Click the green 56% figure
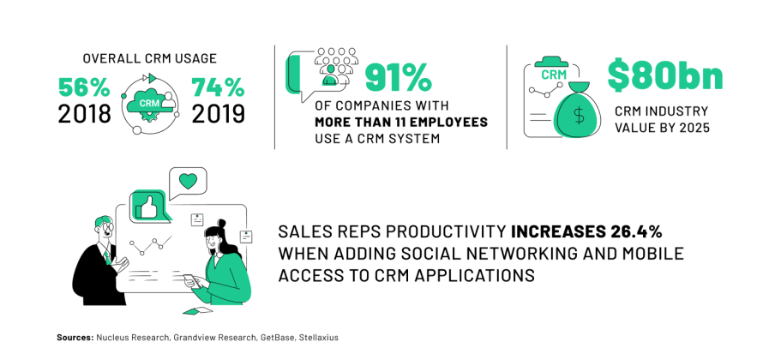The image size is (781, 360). [84, 87]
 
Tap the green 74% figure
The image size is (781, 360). [218, 87]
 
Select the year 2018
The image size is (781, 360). [84, 114]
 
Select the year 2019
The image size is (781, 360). [218, 114]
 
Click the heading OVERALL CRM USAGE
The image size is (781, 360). [149, 58]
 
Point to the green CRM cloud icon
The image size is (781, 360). [149, 102]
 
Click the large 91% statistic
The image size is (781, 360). [398, 78]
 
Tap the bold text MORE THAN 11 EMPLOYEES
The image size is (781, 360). [400, 123]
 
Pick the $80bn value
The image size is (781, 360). [664, 77]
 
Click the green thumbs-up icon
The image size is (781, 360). [147, 207]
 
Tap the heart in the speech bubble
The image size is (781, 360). [188, 181]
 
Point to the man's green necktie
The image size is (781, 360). [106, 255]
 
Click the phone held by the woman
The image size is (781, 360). [189, 279]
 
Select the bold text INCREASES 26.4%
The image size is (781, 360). [586, 232]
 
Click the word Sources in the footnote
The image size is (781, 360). [75, 338]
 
